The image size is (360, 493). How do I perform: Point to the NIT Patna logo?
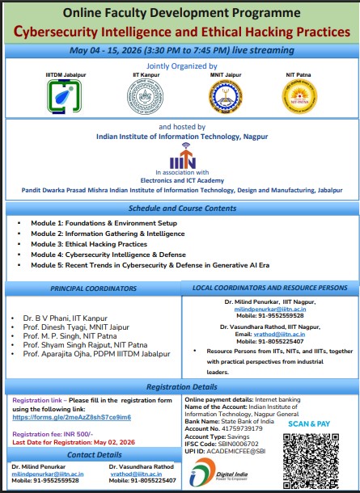coord(296,97)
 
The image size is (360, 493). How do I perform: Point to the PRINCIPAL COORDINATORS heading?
coord(89,289)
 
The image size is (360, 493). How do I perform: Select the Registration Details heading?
coord(180,387)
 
